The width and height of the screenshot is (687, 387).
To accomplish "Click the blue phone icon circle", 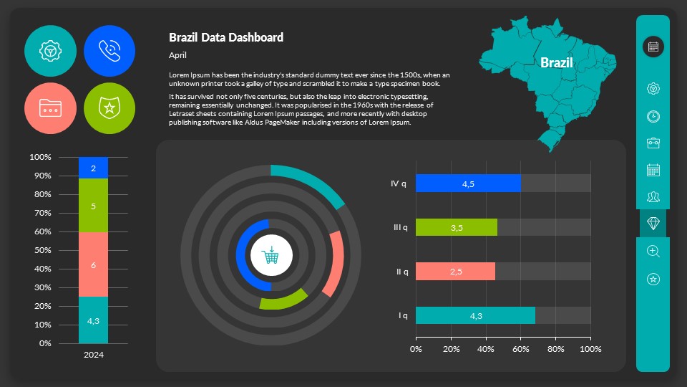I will [x=110, y=51].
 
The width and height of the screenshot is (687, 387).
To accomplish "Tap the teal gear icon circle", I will [x=50, y=51].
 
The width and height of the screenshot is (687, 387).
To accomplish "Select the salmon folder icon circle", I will [x=50, y=108].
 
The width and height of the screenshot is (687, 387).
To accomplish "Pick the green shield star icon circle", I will [x=110, y=108].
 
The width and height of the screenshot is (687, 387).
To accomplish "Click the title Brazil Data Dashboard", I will [x=226, y=37].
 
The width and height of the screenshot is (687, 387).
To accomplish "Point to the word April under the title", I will [x=178, y=55].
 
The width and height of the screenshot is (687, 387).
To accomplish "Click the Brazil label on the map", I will [x=556, y=62].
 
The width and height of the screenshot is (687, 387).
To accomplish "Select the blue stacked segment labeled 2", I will [x=93, y=168].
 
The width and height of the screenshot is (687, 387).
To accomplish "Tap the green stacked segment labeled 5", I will [x=93, y=206].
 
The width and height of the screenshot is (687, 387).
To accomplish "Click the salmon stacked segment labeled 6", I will [x=93, y=264].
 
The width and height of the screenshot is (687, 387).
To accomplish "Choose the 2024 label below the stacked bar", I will [x=93, y=354].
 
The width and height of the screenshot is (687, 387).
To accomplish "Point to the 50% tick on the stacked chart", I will [x=41, y=250].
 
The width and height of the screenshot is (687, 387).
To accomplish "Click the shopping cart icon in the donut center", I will [x=271, y=255].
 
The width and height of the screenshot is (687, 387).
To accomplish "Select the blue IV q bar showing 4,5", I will [x=468, y=183].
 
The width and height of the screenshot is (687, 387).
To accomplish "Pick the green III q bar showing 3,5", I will [x=457, y=227].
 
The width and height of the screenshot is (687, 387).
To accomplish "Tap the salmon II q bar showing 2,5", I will [x=455, y=272].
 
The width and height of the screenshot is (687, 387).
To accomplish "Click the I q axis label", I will [x=403, y=315].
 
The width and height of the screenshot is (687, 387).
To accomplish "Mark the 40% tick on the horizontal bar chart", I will [x=486, y=349].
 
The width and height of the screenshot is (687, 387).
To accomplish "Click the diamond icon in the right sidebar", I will [x=653, y=224].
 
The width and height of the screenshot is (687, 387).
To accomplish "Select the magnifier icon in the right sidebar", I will [x=653, y=251].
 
